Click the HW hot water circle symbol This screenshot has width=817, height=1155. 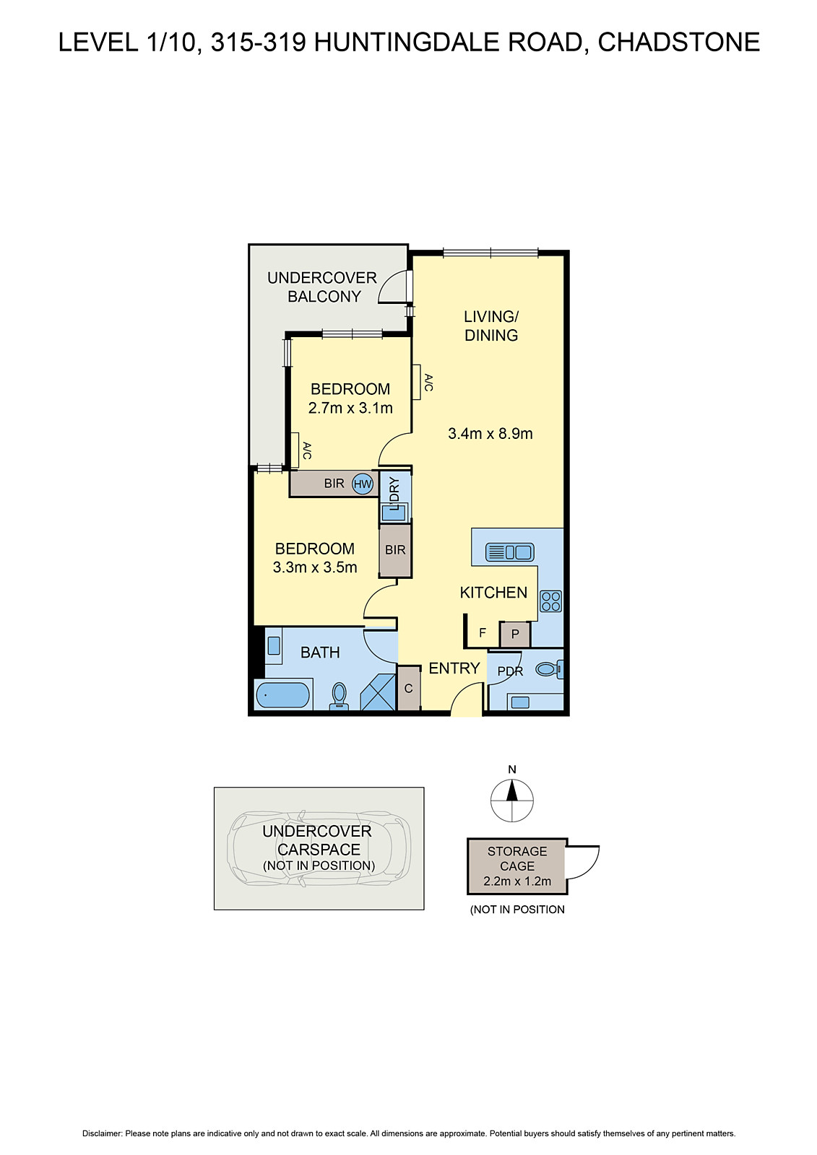363,484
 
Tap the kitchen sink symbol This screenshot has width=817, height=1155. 510,553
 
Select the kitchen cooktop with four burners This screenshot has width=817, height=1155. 550,601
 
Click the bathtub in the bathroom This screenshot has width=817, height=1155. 282,696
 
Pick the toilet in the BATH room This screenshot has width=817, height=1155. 339,696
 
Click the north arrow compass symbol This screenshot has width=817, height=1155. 512,801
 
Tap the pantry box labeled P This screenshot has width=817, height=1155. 515,635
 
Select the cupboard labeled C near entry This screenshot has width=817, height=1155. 408,689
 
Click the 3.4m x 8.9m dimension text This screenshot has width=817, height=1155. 490,434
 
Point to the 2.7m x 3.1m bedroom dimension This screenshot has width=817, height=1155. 350,409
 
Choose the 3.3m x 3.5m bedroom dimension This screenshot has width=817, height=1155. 315,567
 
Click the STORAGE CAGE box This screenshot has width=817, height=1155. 517,866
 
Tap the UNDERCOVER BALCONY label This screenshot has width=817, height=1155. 323,287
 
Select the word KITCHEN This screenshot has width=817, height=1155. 493,593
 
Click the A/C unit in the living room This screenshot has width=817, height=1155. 417,382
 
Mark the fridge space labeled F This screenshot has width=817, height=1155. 483,634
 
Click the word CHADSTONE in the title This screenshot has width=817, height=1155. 678,43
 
